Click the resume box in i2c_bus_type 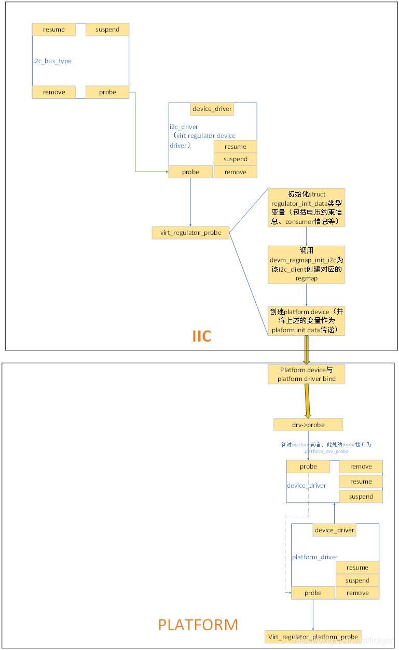click(x=54, y=30)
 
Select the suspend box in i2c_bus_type click(x=107, y=30)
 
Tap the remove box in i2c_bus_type click(x=54, y=92)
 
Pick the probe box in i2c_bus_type click(x=107, y=92)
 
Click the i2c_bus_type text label click(x=52, y=61)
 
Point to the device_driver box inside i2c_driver click(x=212, y=109)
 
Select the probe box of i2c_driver click(x=190, y=172)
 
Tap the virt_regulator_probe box click(x=190, y=233)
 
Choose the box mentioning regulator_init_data click(x=306, y=208)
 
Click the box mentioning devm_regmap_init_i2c click(x=306, y=265)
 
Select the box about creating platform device click(x=306, y=321)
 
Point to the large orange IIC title click(x=202, y=336)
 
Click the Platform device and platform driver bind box click(x=306, y=374)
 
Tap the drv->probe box click(x=308, y=425)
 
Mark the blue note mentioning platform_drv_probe click(x=326, y=448)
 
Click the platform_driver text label click(x=315, y=557)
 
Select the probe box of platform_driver click(x=313, y=593)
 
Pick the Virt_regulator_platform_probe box click(x=313, y=637)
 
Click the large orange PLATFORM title click(x=198, y=625)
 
